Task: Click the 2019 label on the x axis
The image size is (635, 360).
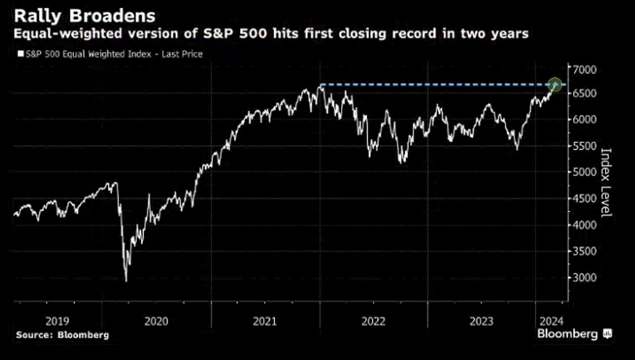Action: coord(48,321)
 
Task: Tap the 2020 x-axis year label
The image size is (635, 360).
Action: coord(156,321)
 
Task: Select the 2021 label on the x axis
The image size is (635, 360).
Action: coord(265,321)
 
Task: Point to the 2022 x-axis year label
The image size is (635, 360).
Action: coord(374,321)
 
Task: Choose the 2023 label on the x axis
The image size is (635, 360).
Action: coord(481,321)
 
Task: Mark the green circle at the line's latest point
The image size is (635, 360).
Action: coord(556,85)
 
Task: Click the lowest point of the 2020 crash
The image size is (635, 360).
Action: coord(126,280)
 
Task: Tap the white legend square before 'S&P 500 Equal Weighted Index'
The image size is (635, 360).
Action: coord(21,54)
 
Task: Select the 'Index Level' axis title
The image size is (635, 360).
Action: coord(606,182)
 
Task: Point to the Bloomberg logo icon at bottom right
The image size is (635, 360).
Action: coord(607,334)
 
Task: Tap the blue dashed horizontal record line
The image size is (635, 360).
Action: coord(432,85)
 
